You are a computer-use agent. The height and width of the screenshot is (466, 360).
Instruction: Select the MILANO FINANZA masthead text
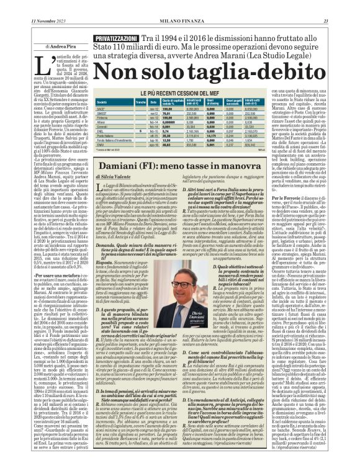coord(179,5)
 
